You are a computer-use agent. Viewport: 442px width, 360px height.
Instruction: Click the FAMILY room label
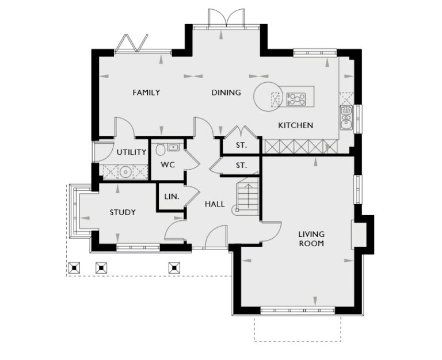click(x=146, y=93)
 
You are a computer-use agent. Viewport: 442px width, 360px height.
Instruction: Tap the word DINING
click(x=226, y=93)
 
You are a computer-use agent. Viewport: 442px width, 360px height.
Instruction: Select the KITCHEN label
click(x=295, y=125)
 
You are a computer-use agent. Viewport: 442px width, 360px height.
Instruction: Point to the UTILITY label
click(x=131, y=152)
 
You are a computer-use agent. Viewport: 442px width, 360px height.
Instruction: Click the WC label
click(x=167, y=165)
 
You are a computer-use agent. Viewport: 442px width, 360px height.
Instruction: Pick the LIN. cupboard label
click(x=172, y=197)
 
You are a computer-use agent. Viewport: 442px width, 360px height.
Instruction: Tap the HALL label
click(x=215, y=204)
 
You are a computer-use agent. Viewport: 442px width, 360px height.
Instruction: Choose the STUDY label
click(x=123, y=213)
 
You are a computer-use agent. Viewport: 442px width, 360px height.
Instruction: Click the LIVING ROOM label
click(x=311, y=239)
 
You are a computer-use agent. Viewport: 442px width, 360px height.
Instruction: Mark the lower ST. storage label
click(x=241, y=166)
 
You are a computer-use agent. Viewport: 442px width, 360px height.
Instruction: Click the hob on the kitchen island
click(x=296, y=99)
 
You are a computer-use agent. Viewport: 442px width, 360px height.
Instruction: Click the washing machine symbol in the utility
click(x=125, y=171)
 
